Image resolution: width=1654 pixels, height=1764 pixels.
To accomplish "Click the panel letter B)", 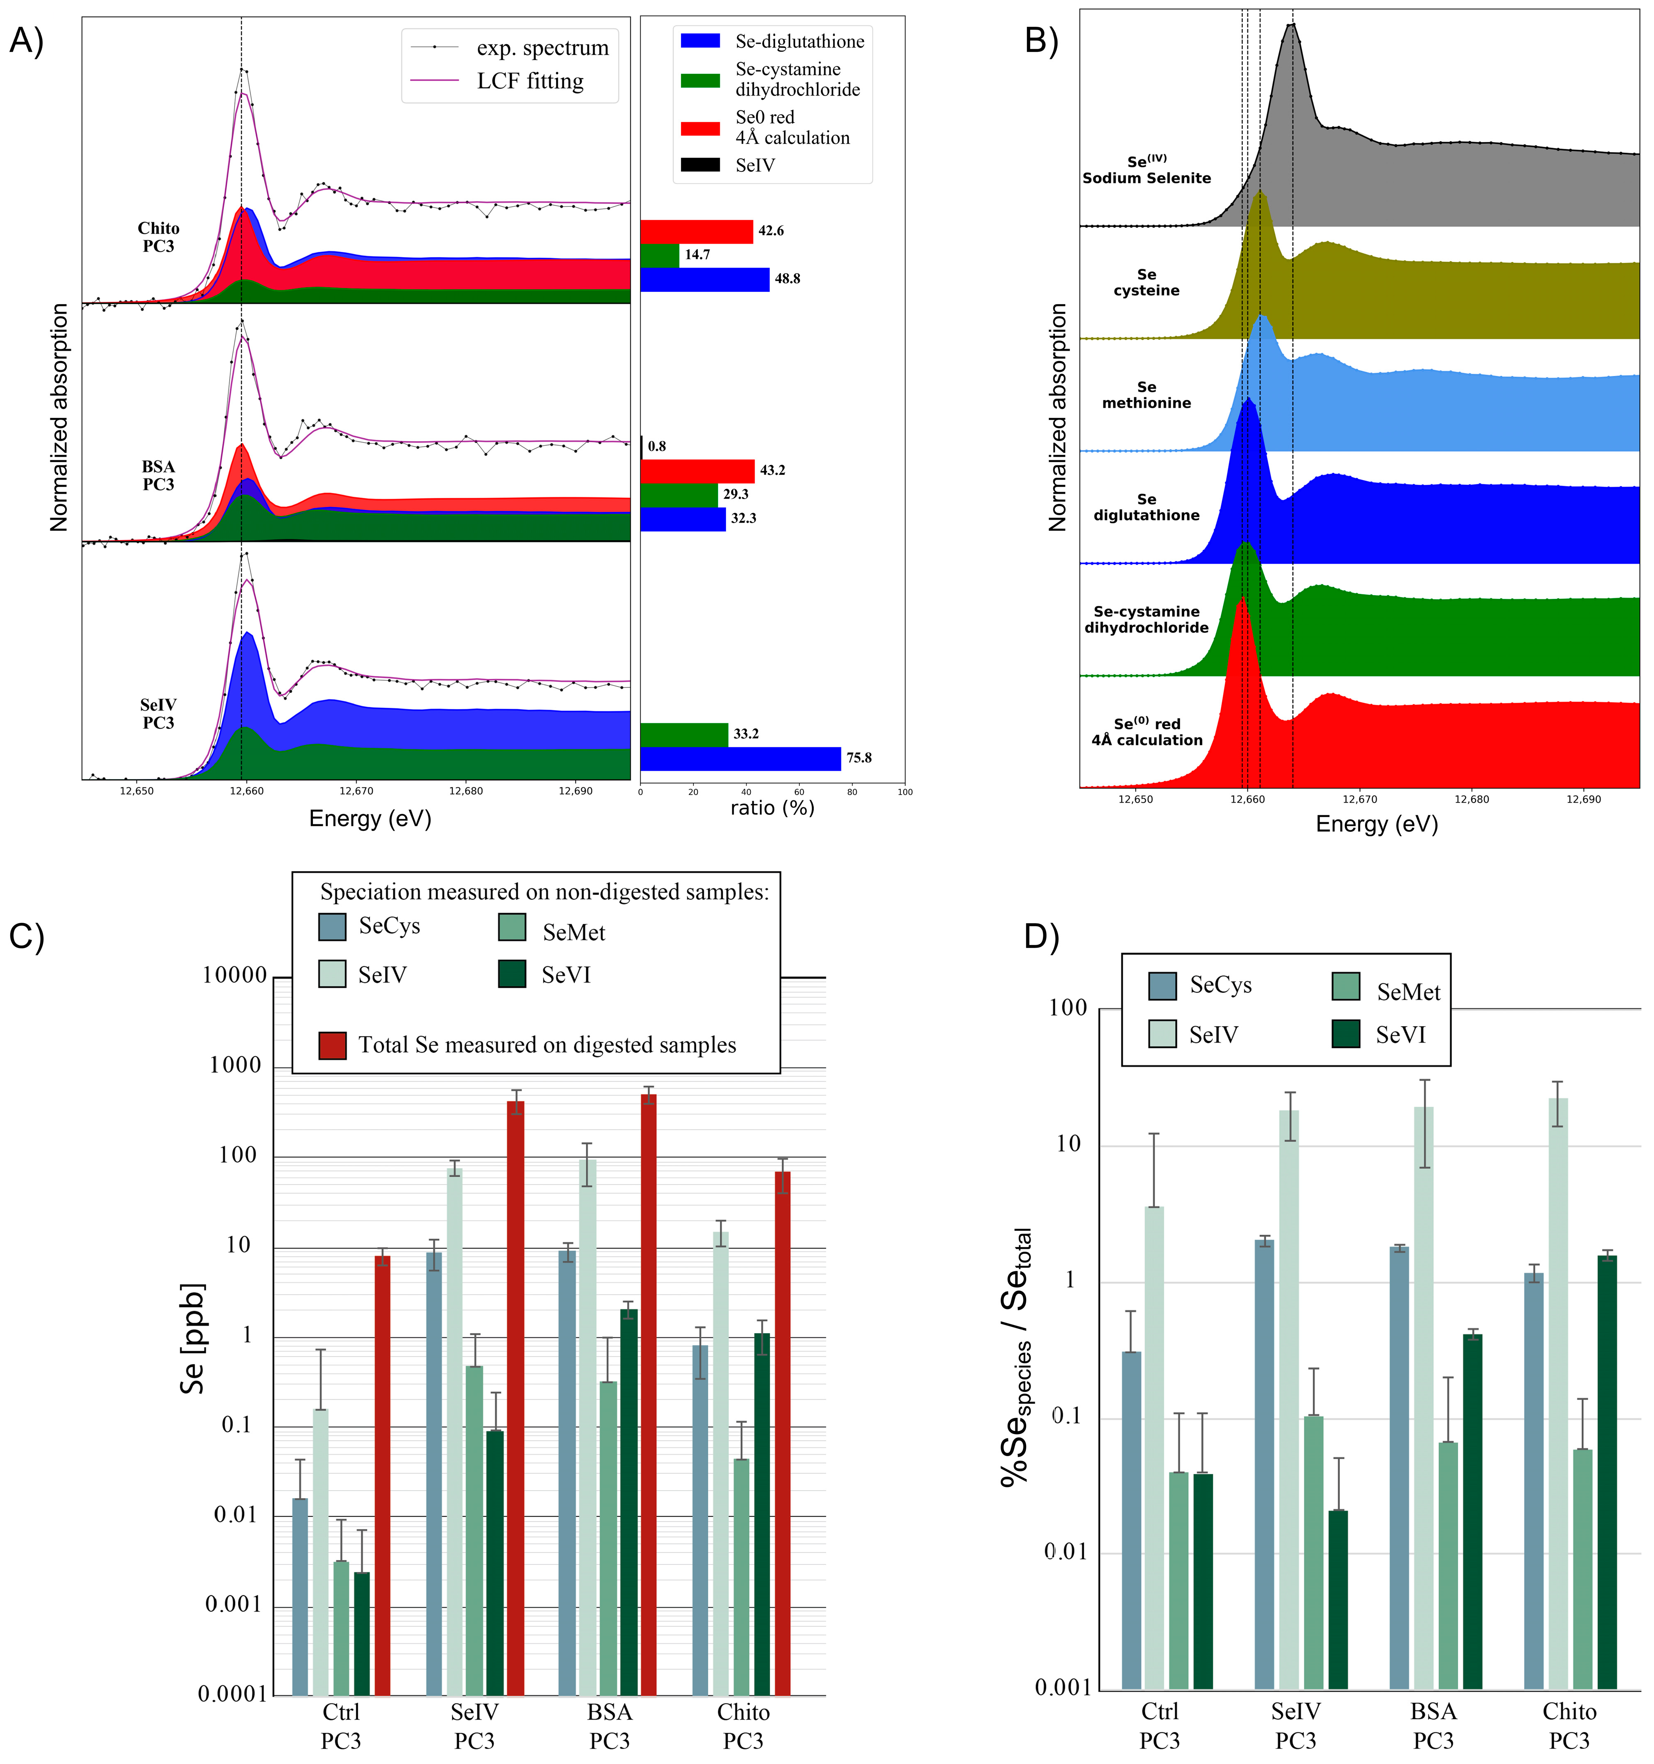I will point(1041,40).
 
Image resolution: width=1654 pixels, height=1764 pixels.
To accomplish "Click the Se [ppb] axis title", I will point(193,1338).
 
